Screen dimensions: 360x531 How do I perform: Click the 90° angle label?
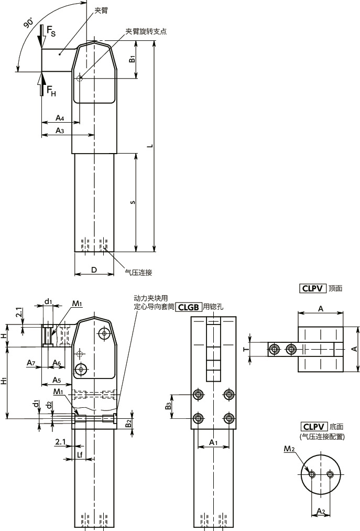click(x=29, y=24)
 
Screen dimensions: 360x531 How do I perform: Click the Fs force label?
click(x=51, y=31)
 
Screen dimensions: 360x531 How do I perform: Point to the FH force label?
click(x=51, y=91)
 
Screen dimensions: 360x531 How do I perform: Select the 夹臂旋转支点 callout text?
click(x=146, y=31)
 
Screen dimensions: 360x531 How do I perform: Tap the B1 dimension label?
click(x=133, y=59)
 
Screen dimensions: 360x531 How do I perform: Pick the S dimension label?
click(x=133, y=202)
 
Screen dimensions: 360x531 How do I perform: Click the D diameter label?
click(x=94, y=269)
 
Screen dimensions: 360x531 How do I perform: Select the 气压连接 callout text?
click(x=139, y=272)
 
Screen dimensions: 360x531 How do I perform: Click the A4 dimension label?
click(x=60, y=118)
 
